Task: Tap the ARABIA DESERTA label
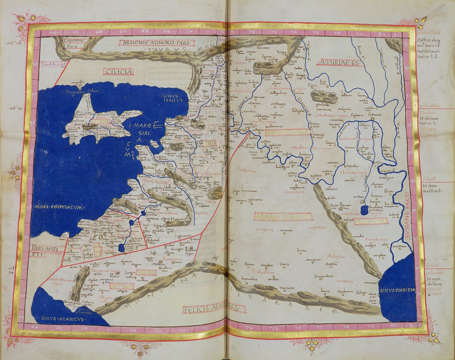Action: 283,217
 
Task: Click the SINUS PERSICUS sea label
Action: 397,290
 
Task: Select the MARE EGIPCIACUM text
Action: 59,207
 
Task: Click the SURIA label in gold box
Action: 210,143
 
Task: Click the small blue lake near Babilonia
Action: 364,209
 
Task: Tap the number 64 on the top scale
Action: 54,32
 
